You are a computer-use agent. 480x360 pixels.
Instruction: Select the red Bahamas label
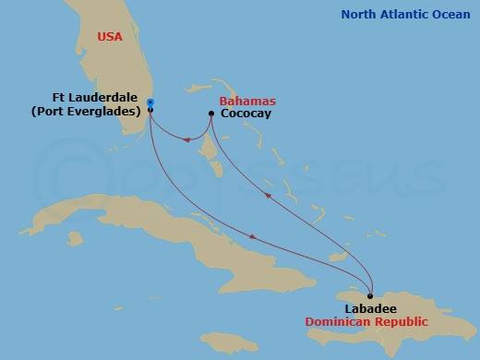coord(247,101)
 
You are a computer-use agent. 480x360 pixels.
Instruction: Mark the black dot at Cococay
coord(213,114)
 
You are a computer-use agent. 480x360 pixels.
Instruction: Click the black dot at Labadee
coord(370,296)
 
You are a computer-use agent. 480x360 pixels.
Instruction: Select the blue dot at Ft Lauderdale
coord(150,102)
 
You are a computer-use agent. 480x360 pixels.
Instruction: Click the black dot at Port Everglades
coord(150,111)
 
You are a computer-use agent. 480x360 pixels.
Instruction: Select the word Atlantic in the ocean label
coord(407,14)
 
